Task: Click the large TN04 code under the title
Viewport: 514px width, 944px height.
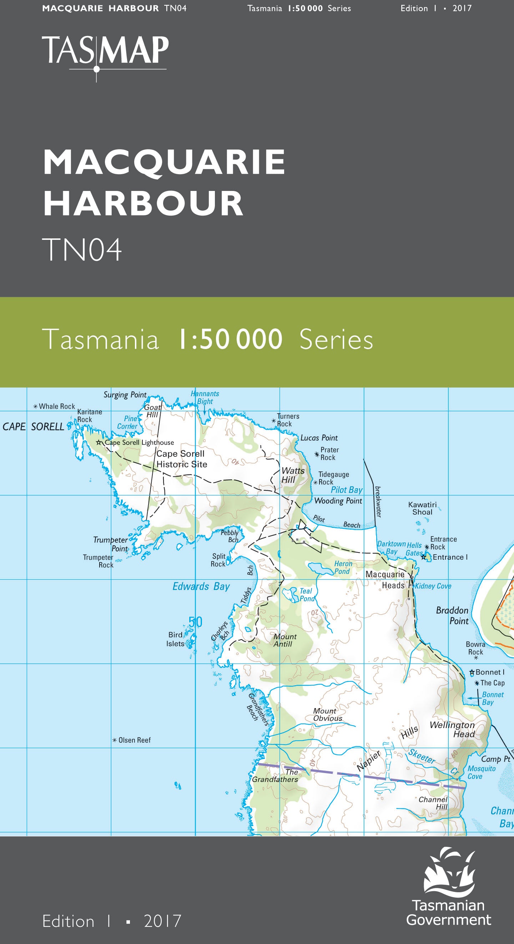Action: (x=82, y=249)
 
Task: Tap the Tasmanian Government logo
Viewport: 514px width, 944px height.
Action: (x=449, y=887)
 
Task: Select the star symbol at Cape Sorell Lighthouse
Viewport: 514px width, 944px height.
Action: (x=99, y=442)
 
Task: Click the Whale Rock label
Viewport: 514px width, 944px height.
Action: (x=56, y=407)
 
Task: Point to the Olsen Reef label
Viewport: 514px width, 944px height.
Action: (x=134, y=740)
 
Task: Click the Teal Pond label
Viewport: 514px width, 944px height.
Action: (x=307, y=595)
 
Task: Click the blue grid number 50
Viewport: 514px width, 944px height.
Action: (x=195, y=622)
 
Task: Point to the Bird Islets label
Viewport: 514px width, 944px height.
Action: (x=175, y=639)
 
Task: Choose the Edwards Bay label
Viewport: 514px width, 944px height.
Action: (x=201, y=586)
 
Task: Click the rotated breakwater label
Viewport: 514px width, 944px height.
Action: (x=378, y=502)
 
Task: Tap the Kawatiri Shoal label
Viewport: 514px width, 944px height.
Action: (x=422, y=508)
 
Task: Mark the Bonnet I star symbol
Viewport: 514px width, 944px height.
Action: (x=472, y=672)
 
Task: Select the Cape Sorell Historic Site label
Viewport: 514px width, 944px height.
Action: (x=181, y=459)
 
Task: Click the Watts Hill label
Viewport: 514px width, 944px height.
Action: (x=292, y=475)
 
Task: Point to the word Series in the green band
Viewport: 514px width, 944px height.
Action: (x=336, y=340)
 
